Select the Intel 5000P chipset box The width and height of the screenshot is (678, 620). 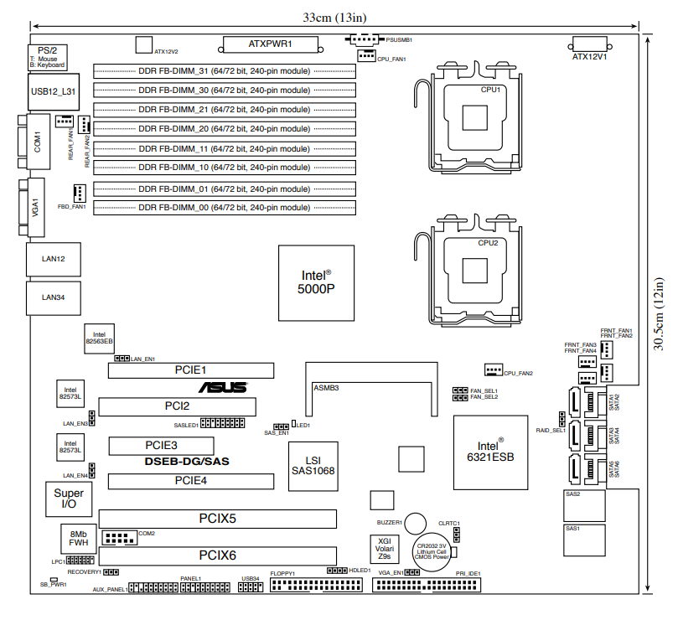pos(317,282)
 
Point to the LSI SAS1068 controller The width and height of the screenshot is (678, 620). pos(313,466)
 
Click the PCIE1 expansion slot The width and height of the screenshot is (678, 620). pos(191,369)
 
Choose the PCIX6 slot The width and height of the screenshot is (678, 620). pos(217,555)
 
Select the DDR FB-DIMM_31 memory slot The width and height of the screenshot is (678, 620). pos(225,70)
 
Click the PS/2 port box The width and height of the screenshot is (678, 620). pos(47,57)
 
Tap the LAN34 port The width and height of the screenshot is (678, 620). pos(54,297)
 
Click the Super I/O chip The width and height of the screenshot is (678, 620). pos(69,500)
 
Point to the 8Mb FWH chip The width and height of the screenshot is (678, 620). pos(79,539)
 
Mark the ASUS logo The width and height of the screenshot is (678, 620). pos(223,387)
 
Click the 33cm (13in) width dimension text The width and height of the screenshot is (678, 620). pos(334,17)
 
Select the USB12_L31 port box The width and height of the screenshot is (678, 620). pos(54,91)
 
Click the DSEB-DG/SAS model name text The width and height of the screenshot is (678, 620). pos(187,462)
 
